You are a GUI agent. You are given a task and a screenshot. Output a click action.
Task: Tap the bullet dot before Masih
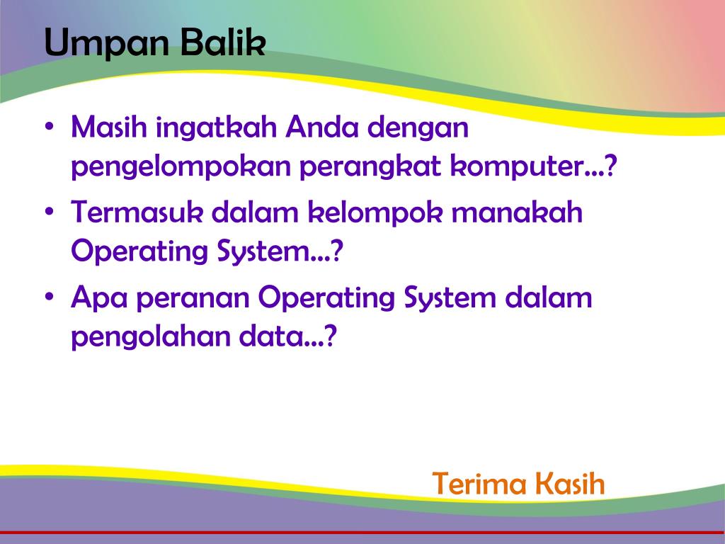50,126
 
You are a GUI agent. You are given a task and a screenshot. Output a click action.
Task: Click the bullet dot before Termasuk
50,211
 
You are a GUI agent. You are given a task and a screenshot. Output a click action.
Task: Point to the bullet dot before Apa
50,297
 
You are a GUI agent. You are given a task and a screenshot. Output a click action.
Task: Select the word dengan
418,129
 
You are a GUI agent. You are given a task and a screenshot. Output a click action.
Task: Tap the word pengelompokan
181,167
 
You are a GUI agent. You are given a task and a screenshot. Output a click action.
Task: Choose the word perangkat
370,167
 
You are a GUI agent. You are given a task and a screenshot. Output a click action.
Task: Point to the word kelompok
375,214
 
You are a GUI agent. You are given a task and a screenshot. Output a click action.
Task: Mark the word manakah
517,212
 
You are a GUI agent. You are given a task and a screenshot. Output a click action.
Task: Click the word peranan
193,300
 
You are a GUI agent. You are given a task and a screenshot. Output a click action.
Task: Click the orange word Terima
479,484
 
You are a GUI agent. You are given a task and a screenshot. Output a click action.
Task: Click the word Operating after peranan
326,300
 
